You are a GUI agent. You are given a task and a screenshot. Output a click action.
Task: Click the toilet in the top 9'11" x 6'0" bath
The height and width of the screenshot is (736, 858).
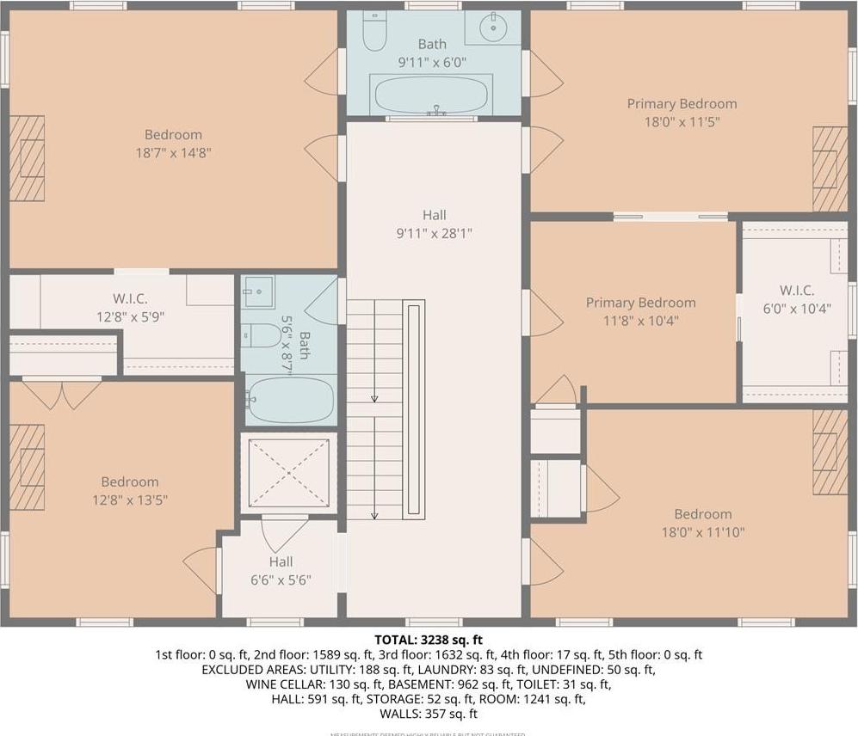tap(374, 31)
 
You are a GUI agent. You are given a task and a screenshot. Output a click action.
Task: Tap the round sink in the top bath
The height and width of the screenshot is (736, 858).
tap(492, 28)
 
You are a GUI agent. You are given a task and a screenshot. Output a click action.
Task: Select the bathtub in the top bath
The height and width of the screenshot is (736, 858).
tap(431, 94)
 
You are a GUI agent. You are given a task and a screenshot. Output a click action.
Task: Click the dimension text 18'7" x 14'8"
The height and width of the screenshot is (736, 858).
tap(173, 153)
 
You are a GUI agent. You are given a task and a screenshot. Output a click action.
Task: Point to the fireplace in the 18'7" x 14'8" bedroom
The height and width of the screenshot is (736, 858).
tap(27, 158)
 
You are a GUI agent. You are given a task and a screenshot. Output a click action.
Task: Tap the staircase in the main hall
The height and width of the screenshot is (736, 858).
tap(375, 409)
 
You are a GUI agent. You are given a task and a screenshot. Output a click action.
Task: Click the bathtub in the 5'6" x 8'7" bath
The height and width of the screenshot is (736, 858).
tap(289, 400)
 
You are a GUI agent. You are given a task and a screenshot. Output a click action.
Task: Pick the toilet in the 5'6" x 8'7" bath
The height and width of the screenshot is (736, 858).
tap(261, 334)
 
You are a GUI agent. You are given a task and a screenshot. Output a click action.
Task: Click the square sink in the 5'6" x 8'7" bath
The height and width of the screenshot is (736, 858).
tap(258, 291)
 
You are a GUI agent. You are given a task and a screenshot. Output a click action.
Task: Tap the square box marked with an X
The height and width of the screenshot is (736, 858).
tap(288, 473)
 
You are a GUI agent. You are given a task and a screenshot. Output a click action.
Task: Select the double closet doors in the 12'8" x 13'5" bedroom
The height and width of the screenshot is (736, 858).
tap(62, 394)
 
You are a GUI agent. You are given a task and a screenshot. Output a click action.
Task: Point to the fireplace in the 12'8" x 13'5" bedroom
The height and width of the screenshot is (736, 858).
tap(27, 467)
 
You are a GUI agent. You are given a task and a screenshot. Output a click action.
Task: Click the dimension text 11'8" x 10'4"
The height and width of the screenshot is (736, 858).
tap(640, 321)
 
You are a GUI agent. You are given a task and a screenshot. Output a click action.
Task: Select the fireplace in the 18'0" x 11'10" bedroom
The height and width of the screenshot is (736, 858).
tap(830, 451)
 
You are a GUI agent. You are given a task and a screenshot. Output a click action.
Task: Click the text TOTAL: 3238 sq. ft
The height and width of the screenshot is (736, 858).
tap(429, 640)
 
